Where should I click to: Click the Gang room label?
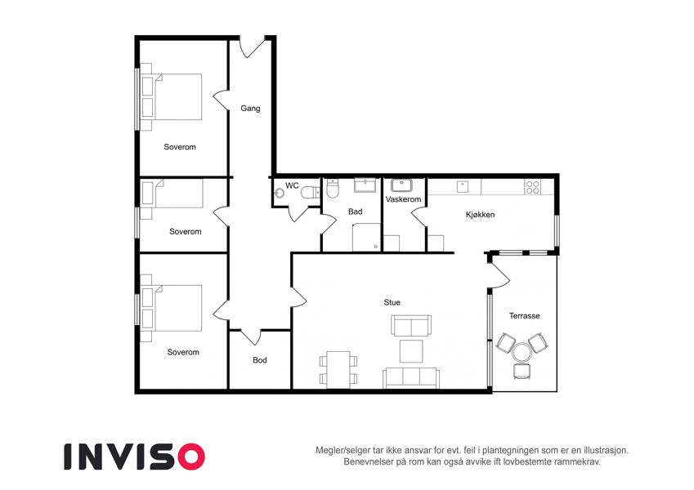tap(250, 109)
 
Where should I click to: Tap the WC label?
tap(292, 185)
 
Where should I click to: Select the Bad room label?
tap(355, 212)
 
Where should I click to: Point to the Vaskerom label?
tap(403, 199)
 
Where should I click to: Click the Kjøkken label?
tap(480, 215)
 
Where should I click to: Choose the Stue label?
tap(392, 302)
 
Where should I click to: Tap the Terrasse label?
tap(525, 316)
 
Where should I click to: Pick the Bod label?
tap(260, 360)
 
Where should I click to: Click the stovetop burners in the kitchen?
tap(532, 188)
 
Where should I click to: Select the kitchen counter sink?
tap(463, 186)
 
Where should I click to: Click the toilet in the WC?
tap(311, 193)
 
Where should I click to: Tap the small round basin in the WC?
tap(279, 193)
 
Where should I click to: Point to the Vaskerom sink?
tap(401, 185)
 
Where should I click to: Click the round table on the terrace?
tap(522, 353)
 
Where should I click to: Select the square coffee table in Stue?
tap(411, 350)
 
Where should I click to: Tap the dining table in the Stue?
tap(338, 370)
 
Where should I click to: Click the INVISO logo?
tap(135, 457)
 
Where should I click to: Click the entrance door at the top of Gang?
tap(253, 49)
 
